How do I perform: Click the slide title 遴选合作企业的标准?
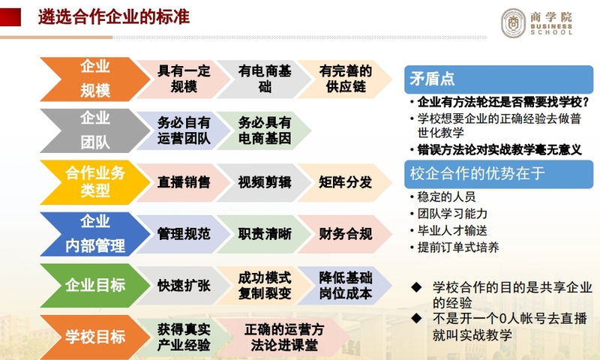click(x=114, y=17)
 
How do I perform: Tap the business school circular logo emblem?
click(x=514, y=23)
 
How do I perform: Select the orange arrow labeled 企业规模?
click(x=95, y=79)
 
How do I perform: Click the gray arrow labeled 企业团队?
click(x=95, y=130)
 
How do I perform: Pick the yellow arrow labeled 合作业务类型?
click(x=95, y=182)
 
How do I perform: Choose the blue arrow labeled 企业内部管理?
click(x=95, y=234)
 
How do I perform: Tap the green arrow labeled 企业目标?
click(x=95, y=286)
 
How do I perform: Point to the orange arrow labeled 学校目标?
click(x=95, y=337)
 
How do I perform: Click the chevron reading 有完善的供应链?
click(x=345, y=79)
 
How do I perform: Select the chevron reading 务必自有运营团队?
click(x=184, y=130)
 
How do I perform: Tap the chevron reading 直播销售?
click(x=184, y=182)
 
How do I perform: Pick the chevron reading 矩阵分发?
click(x=345, y=182)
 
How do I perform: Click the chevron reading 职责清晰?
click(x=265, y=234)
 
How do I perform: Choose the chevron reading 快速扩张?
click(x=184, y=286)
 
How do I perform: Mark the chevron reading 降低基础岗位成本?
click(x=345, y=286)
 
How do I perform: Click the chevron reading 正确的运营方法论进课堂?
click(x=284, y=337)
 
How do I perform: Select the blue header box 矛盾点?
click(x=499, y=79)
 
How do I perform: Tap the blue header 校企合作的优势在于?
click(x=499, y=174)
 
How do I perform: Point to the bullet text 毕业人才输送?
click(x=452, y=231)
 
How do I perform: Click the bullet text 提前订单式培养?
click(x=458, y=247)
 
